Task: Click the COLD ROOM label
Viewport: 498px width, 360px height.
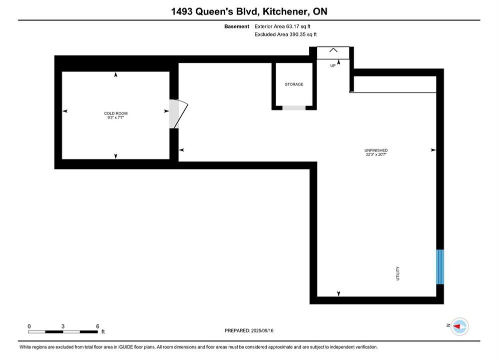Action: point(116,113)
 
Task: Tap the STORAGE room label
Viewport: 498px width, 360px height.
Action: point(294,84)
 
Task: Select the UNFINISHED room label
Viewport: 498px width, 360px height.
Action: point(376,150)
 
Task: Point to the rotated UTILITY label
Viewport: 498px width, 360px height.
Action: point(397,273)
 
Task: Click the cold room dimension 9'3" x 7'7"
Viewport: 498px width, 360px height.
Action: point(116,117)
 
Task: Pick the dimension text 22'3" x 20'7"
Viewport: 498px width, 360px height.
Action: point(376,154)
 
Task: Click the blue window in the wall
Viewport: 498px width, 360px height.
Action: point(440,266)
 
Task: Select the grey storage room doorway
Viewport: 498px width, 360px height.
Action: point(294,108)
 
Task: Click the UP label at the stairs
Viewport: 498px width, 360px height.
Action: point(333,65)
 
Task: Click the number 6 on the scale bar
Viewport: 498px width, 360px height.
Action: point(98,326)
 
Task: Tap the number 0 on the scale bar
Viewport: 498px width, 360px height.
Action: point(29,326)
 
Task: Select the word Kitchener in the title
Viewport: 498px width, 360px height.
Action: point(285,11)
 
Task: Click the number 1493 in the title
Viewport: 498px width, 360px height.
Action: point(182,11)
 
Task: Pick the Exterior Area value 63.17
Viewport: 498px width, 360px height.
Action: point(292,26)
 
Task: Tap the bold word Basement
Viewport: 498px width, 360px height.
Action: point(237,26)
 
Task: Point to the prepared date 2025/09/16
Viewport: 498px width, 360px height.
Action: point(262,330)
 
